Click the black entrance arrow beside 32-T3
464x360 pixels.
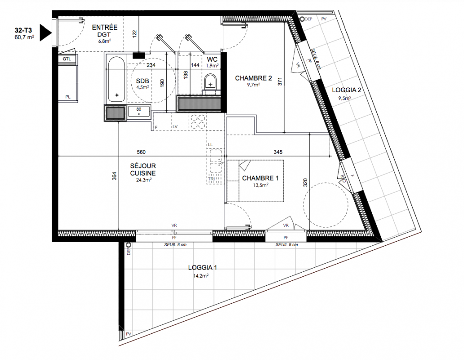click(x=45, y=32)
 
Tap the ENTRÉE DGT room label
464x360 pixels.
click(x=105, y=31)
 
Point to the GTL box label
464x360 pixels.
click(x=67, y=59)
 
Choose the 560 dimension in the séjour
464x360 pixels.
click(x=141, y=152)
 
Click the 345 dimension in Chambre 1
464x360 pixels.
click(x=278, y=152)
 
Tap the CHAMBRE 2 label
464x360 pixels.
click(x=253, y=78)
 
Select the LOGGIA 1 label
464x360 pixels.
click(x=203, y=268)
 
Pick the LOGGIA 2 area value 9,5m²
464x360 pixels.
click(x=345, y=98)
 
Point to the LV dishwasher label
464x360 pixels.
click(x=175, y=127)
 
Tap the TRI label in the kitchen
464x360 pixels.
click(x=212, y=179)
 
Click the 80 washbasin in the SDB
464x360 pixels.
click(x=139, y=112)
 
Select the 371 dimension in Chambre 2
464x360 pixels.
click(x=280, y=81)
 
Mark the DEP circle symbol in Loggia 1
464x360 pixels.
click(x=129, y=245)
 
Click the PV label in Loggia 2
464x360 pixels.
click(x=324, y=19)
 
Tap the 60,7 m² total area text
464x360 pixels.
click(x=24, y=37)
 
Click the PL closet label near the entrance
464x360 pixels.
click(x=68, y=97)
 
